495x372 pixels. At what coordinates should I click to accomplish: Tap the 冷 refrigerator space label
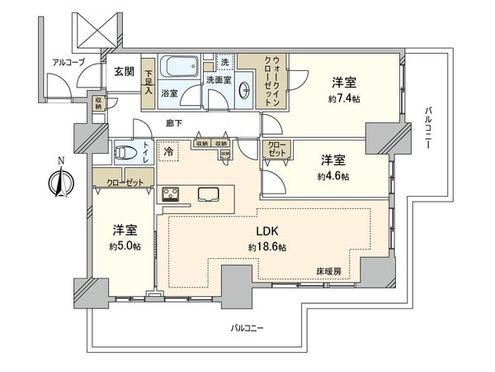pyautogui.click(x=169, y=152)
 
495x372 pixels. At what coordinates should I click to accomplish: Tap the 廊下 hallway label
pyautogui.click(x=173, y=123)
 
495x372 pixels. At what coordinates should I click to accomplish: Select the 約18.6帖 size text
pyautogui.click(x=267, y=247)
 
